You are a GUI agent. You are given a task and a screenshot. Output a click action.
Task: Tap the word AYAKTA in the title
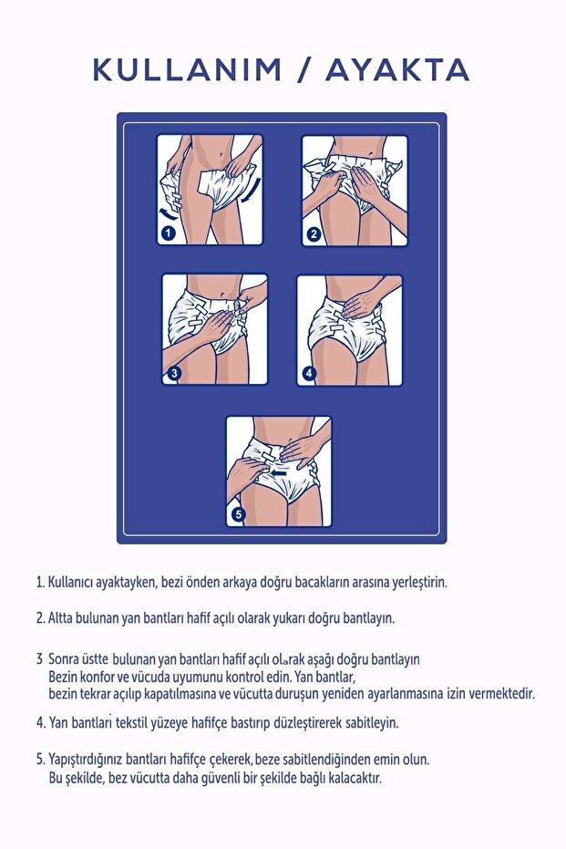[x=397, y=69]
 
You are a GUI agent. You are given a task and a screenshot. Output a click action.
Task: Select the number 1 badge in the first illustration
[x=168, y=233]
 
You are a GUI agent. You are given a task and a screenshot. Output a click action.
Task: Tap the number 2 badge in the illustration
[x=314, y=234]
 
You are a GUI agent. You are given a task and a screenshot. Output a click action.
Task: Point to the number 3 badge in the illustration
[x=174, y=372]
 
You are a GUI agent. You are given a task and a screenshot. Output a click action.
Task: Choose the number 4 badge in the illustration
[x=309, y=373]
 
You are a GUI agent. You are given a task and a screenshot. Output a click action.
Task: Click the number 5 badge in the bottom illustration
[x=238, y=514]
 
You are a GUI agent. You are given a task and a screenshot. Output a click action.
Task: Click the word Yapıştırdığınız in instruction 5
[x=92, y=759]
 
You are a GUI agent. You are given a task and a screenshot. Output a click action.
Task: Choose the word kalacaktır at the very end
[x=350, y=779]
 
